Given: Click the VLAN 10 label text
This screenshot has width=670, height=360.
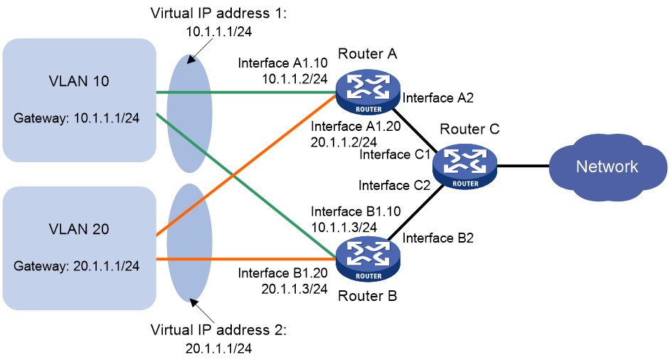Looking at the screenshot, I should coord(79,81).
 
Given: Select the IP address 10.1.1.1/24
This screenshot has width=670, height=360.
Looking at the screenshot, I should coord(106,118).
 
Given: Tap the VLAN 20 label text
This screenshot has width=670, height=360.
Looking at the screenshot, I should coord(79,229).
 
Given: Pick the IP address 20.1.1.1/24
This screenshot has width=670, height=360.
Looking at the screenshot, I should coord(106,266).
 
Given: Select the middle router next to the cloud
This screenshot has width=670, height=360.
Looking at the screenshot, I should coord(464,164).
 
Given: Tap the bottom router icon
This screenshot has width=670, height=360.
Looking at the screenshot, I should coord(368,257).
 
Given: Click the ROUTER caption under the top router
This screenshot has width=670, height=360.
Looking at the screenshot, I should coord(368,110).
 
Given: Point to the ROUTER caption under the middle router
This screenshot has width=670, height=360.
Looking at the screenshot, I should coord(465,184).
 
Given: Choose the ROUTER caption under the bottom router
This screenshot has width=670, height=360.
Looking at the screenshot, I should coord(368,276).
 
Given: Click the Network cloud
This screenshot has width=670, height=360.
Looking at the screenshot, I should coord(607,167).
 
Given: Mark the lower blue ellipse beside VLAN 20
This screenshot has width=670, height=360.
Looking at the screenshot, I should coord(189,242).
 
